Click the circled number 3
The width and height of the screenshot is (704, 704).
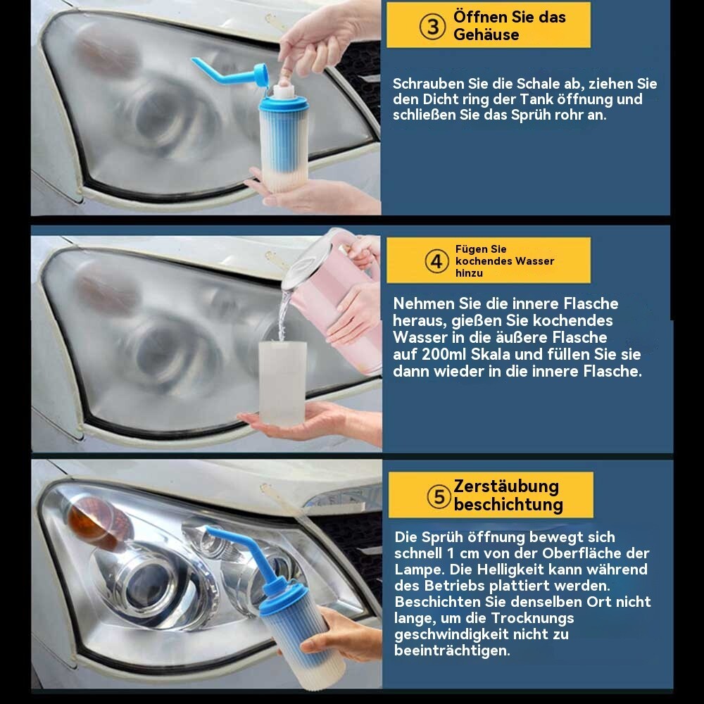click(x=432, y=27)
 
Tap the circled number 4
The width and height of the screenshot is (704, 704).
click(x=436, y=261)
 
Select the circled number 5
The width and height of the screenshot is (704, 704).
click(x=439, y=496)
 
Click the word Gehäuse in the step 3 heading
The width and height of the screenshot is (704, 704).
click(x=486, y=35)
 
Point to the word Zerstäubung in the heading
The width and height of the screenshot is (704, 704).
click(x=506, y=486)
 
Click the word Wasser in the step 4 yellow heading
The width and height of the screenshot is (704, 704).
click(x=535, y=261)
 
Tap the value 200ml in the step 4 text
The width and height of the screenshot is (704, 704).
click(x=444, y=354)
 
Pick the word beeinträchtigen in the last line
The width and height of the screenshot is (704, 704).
click(x=452, y=650)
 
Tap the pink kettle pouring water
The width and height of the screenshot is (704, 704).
click(x=334, y=298)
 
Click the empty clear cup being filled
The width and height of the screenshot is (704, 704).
click(x=282, y=383)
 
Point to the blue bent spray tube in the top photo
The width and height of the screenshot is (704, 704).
click(x=225, y=74)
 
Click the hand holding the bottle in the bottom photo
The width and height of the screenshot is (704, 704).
click(x=342, y=634)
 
